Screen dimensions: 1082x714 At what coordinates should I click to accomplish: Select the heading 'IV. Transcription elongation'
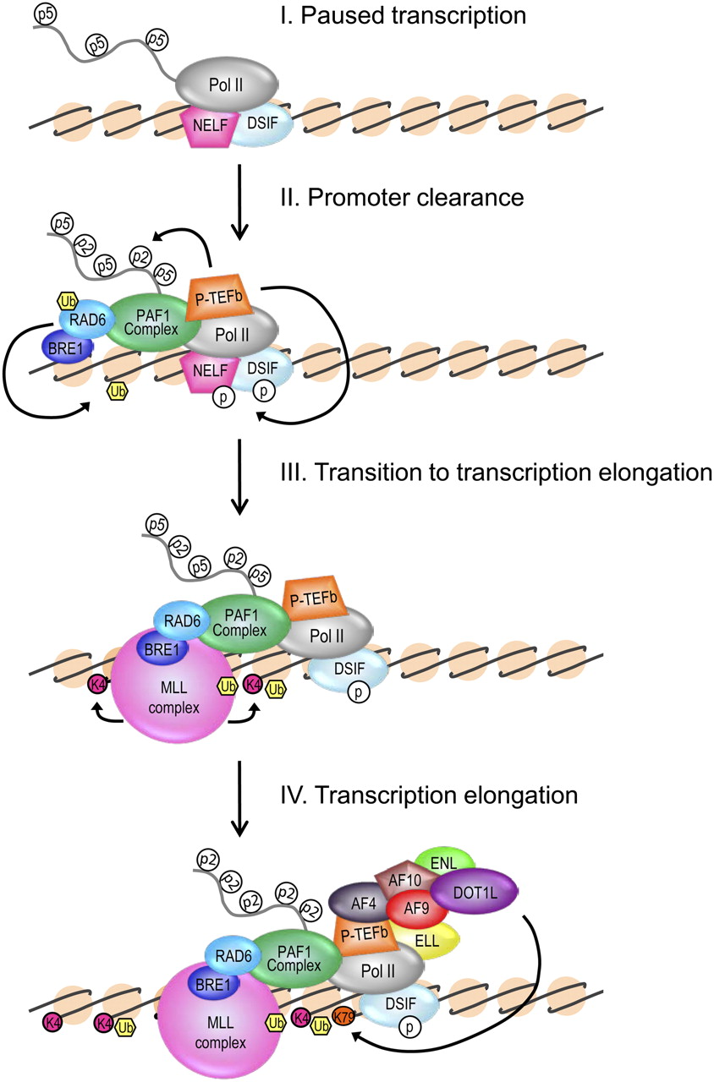pos(427,795)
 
